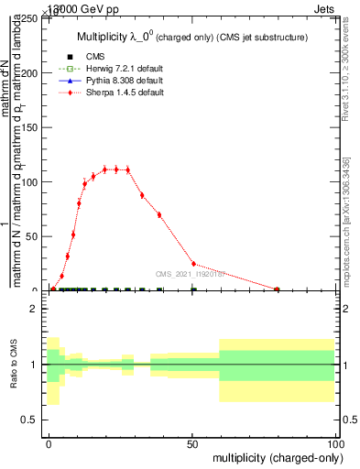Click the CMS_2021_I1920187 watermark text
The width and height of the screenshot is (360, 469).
pos(192,273)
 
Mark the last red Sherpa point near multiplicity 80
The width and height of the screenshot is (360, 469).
pos(278,289)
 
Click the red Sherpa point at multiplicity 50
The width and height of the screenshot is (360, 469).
pos(193,264)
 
